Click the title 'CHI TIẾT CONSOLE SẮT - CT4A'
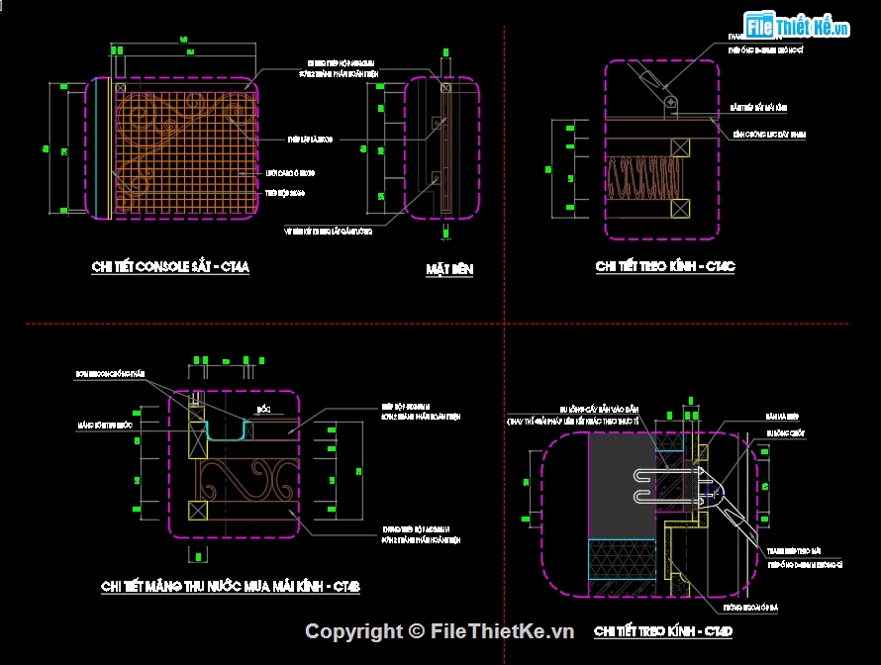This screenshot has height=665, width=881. tap(169, 267)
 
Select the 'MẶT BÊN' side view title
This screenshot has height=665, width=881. tap(448, 269)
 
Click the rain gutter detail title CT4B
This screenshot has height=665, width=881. tap(230, 587)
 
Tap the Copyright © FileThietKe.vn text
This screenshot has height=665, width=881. tap(440, 631)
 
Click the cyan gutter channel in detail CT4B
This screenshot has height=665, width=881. tap(227, 431)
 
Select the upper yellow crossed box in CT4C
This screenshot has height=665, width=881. tap(679, 147)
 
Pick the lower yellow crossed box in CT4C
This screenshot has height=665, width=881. tap(679, 208)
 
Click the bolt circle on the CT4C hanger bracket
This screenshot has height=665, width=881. tap(670, 101)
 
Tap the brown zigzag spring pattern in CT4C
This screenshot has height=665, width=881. tap(638, 179)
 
